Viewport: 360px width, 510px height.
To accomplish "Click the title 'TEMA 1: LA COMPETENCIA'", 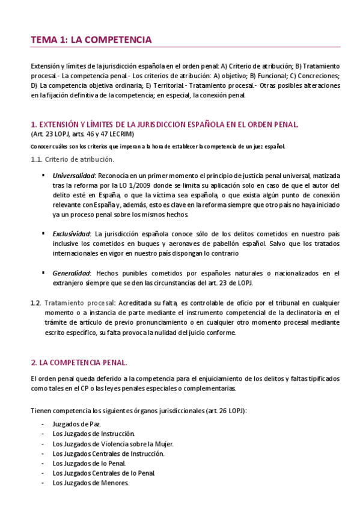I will pyautogui.click(x=91, y=40).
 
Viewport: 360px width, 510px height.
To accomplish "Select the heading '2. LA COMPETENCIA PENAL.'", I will pyautogui.click(x=79, y=363).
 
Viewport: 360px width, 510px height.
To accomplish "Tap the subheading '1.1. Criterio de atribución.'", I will pyautogui.click(x=72, y=159).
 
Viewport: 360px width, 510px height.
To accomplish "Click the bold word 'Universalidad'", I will pyautogui.click(x=72, y=176).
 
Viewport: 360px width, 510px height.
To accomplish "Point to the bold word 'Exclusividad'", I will pyautogui.click(x=71, y=233).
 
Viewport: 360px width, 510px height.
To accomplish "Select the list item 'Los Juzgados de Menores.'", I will pyautogui.click(x=90, y=482).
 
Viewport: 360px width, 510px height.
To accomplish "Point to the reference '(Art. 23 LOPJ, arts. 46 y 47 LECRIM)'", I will pyautogui.click(x=82, y=134).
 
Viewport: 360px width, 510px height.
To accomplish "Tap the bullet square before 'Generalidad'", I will pyautogui.click(x=44, y=272).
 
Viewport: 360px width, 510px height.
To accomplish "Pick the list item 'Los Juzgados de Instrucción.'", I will pyautogui.click(x=93, y=434).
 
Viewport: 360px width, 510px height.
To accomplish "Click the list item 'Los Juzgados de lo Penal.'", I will pyautogui.click(x=89, y=463).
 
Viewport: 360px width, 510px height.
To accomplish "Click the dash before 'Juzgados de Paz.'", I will pyautogui.click(x=42, y=424).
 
